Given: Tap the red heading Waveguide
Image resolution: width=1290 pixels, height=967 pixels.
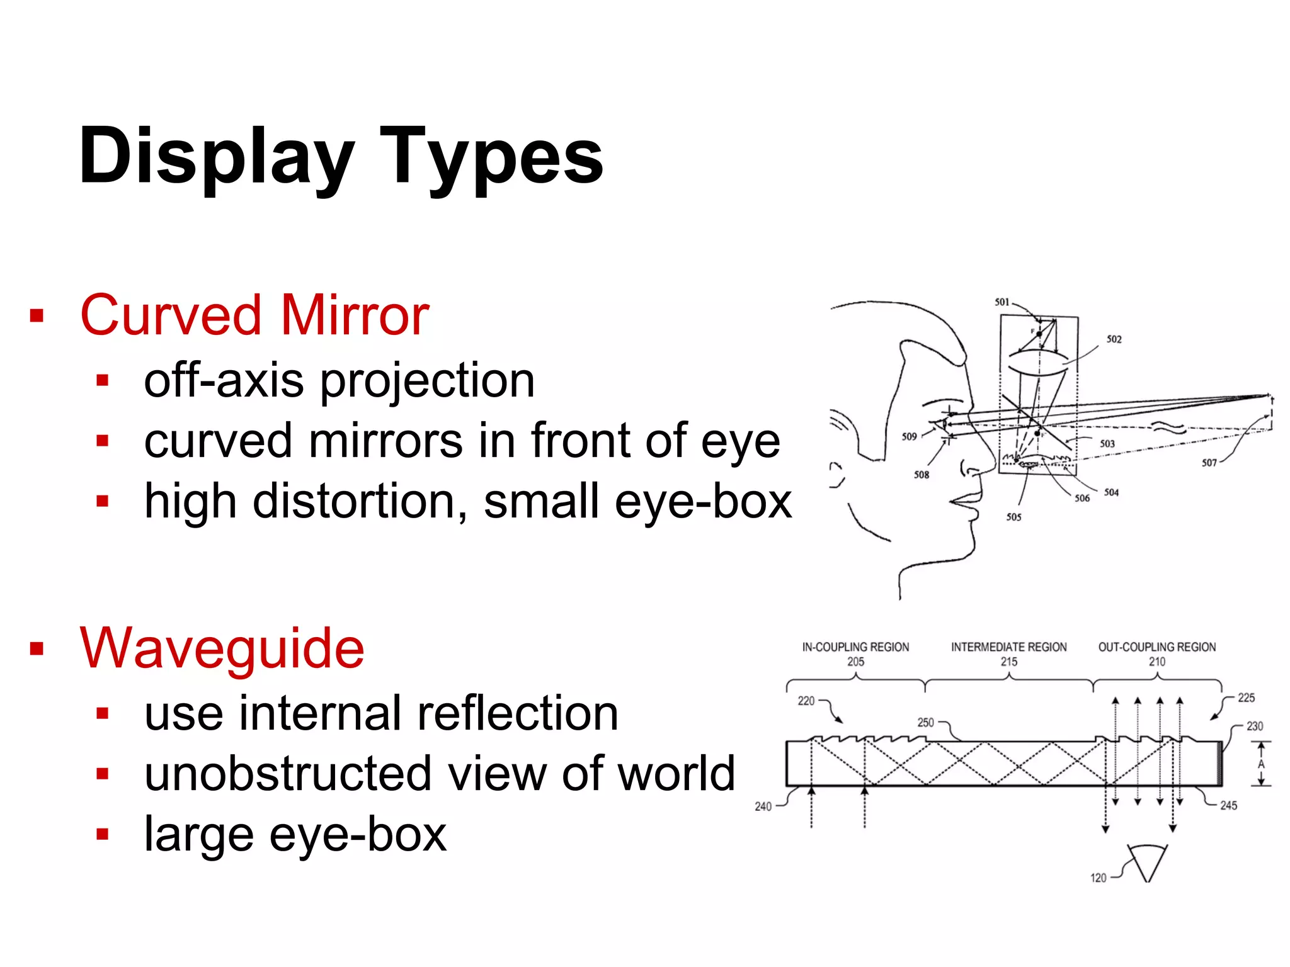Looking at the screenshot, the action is tap(222, 648).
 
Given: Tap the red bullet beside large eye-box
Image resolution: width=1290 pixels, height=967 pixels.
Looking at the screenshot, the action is tap(103, 835).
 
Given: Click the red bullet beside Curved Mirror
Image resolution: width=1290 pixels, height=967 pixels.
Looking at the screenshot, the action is tap(37, 315).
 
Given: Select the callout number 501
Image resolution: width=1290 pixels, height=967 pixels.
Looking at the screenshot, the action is tap(1002, 302).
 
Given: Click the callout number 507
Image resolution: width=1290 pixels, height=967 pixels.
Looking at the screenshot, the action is tap(1209, 463).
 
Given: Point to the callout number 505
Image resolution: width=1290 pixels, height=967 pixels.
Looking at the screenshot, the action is tap(1013, 517).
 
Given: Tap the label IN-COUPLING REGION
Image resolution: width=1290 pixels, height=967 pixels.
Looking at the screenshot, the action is tap(855, 647).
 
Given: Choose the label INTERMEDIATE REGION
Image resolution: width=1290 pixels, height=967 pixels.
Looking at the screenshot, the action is tap(1008, 647).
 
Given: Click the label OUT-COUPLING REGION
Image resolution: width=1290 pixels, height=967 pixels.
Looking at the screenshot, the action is tap(1156, 647).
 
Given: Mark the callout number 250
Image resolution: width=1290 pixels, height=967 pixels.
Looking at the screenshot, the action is tap(925, 723).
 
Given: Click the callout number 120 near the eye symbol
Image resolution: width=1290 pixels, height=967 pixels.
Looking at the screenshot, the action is tap(1098, 878).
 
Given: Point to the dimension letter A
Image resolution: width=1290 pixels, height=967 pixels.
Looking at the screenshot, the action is tap(1261, 764).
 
